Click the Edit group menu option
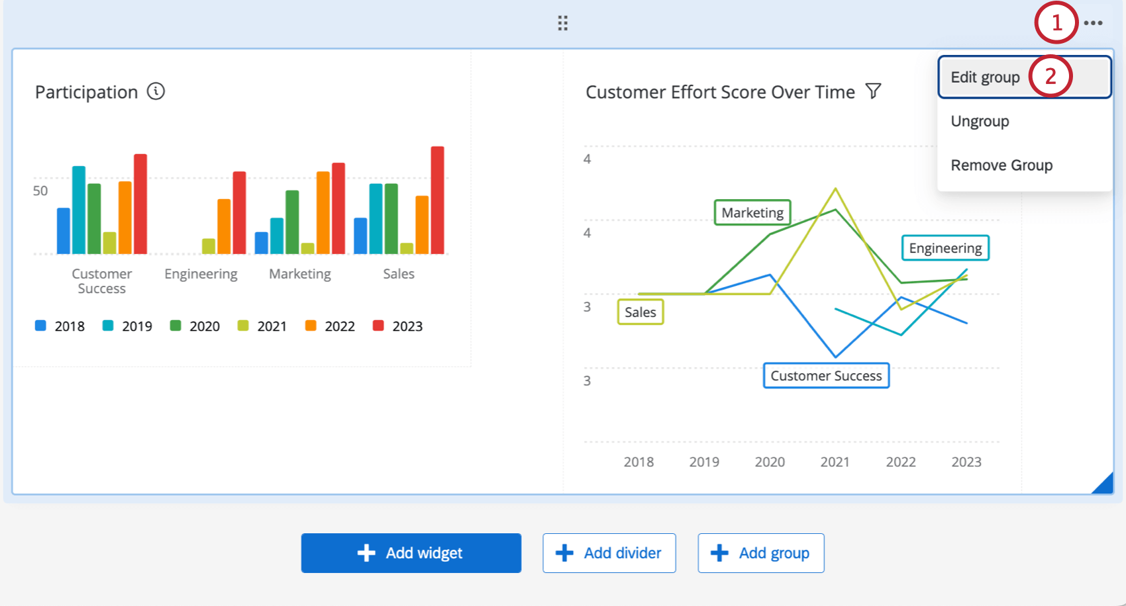tap(986, 77)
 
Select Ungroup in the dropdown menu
tap(980, 122)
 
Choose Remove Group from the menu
tap(1001, 165)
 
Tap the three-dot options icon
tap(1093, 23)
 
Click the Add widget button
tap(411, 553)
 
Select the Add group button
tap(760, 553)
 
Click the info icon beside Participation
tap(156, 91)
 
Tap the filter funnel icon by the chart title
tap(874, 91)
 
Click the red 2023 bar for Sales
tap(437, 200)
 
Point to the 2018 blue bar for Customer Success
tap(64, 231)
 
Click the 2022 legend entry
tap(330, 326)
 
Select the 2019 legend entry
tap(127, 326)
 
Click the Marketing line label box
tap(752, 213)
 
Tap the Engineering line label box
tap(945, 248)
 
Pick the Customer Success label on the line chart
tap(826, 376)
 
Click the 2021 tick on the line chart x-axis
tap(835, 462)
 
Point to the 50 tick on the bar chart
tap(40, 191)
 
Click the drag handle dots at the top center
tap(562, 23)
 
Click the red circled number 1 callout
tap(1056, 23)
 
